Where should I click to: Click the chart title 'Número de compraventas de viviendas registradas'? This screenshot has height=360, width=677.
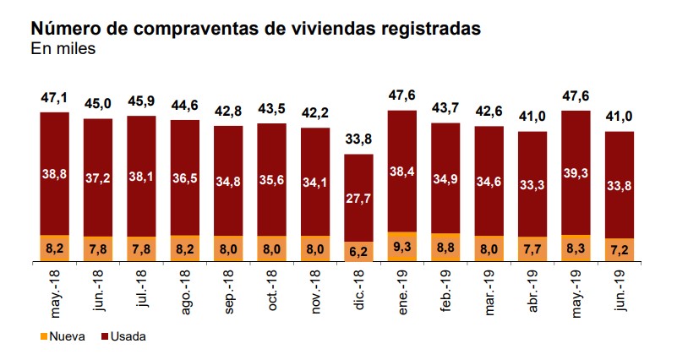tap(255, 29)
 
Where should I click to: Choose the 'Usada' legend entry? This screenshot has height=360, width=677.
tap(123, 336)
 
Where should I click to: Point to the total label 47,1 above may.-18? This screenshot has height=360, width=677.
tap(54, 97)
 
